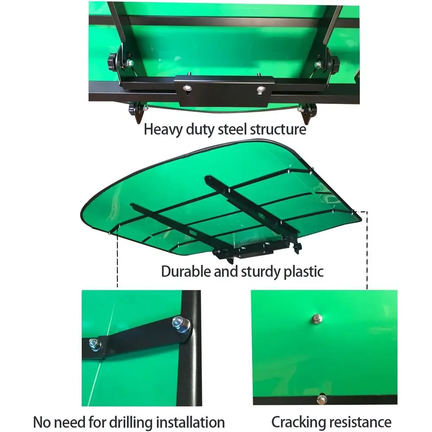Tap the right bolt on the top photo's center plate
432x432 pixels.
pyautogui.click(x=260, y=90)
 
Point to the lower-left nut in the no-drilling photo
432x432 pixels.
pyautogui.click(x=93, y=344)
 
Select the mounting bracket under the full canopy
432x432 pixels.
pyautogui.click(x=251, y=250)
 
